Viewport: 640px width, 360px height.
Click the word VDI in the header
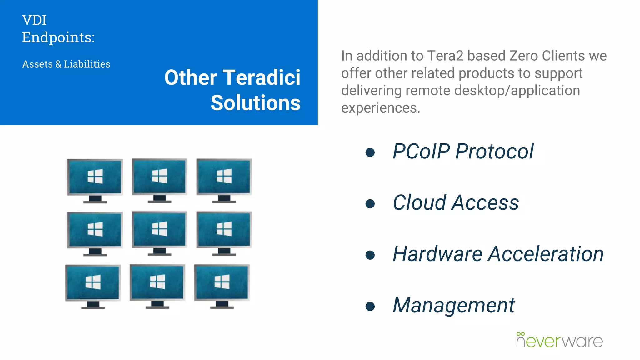point(34,21)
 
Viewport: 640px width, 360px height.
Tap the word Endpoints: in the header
point(58,38)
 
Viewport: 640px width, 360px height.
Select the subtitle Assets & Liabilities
point(66,64)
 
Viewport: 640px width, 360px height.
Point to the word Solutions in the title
point(255,103)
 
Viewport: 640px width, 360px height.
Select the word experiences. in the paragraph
point(381,108)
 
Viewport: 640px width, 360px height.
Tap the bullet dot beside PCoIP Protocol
point(370,152)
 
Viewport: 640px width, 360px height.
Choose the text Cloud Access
point(456,203)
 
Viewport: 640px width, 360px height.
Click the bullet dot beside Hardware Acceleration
point(370,255)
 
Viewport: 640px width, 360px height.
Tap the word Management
point(454,305)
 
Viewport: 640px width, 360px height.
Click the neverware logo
point(559,340)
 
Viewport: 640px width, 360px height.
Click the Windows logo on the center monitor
point(159,229)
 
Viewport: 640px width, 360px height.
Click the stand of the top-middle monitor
point(159,199)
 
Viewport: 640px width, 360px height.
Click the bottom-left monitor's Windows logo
point(93,282)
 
